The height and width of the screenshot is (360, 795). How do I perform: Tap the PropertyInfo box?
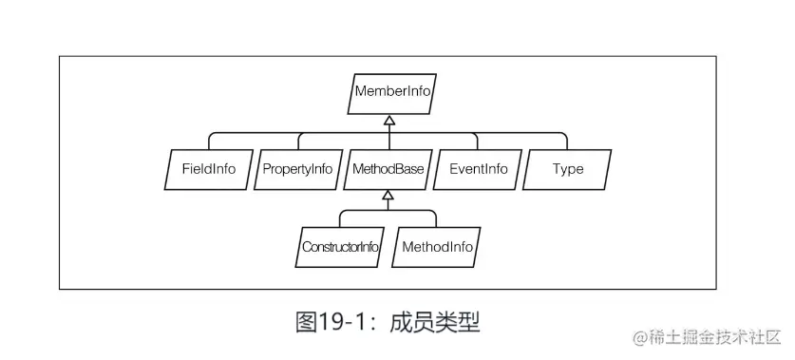[x=296, y=170]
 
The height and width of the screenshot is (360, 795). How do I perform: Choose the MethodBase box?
[x=388, y=170]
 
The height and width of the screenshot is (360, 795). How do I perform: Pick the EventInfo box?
[x=478, y=170]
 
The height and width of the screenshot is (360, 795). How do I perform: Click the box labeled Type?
[x=568, y=170]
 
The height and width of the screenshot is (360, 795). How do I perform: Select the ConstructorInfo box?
[x=340, y=248]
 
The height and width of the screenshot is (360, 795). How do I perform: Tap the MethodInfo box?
[x=437, y=248]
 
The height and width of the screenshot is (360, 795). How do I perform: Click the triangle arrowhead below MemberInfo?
[x=388, y=120]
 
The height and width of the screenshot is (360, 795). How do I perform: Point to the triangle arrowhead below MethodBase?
[x=388, y=197]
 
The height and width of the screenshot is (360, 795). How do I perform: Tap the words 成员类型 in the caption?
[x=442, y=321]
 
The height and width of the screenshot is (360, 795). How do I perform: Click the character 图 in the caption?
[x=307, y=321]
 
